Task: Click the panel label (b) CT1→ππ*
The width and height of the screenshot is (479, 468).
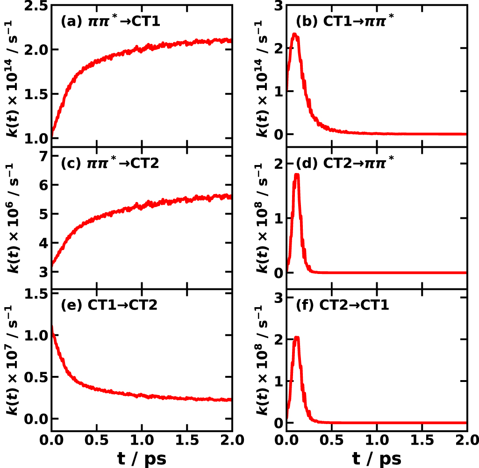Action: [x=345, y=22]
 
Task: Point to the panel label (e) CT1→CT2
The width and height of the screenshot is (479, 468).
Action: [x=109, y=304]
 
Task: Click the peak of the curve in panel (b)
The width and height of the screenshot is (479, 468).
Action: [x=294, y=34]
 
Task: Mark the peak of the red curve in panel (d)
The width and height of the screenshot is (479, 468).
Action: [x=296, y=175]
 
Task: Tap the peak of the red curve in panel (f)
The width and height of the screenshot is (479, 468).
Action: [x=296, y=338]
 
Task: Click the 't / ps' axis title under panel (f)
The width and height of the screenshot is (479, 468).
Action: [x=376, y=459]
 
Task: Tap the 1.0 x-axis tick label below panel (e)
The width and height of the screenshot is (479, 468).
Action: [x=142, y=440]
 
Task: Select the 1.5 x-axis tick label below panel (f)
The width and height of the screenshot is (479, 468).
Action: [x=421, y=440]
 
